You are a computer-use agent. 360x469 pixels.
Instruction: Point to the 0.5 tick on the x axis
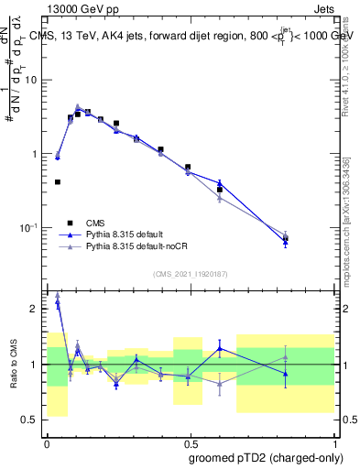click(x=191, y=442)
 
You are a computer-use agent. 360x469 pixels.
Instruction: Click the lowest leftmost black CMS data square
click(x=58, y=182)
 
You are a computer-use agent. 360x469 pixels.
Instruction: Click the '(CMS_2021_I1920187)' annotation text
click(x=191, y=273)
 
